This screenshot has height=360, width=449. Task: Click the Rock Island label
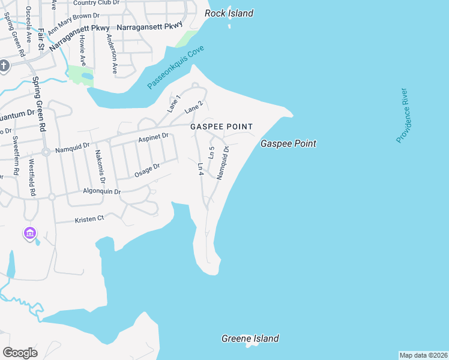[229, 13]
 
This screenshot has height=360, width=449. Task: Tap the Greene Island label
[250, 338]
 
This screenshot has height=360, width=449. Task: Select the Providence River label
[402, 115]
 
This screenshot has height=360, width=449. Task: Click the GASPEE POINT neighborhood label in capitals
[221, 127]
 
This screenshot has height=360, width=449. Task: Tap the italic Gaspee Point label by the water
[288, 143]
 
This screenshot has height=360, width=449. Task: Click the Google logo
[20, 352]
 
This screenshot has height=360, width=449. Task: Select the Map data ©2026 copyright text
[423, 355]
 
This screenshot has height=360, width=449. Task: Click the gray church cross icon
[4, 65]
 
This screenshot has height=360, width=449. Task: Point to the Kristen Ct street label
[89, 218]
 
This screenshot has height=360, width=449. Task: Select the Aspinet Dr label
[153, 137]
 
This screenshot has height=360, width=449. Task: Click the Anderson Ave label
[111, 53]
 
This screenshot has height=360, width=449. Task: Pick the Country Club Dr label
[97, 3]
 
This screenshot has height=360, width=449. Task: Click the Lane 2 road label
[194, 107]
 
